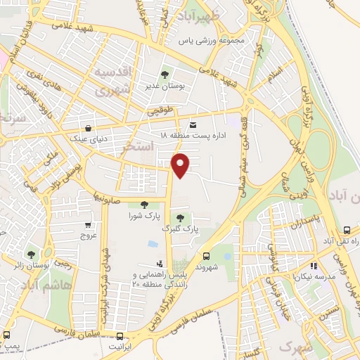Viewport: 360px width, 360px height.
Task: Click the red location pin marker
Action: click(x=181, y=165)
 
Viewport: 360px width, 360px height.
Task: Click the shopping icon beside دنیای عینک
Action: click(x=88, y=129)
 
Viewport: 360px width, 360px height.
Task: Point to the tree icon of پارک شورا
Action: click(x=144, y=205)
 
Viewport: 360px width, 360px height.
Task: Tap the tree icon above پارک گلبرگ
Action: click(x=181, y=218)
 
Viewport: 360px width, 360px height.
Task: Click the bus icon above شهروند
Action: click(x=207, y=257)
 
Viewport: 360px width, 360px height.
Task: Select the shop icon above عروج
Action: click(x=88, y=226)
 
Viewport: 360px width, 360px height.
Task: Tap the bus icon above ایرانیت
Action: click(x=120, y=336)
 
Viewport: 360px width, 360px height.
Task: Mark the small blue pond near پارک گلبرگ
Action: click(x=153, y=244)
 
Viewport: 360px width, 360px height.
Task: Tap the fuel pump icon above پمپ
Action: click(x=7, y=335)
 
